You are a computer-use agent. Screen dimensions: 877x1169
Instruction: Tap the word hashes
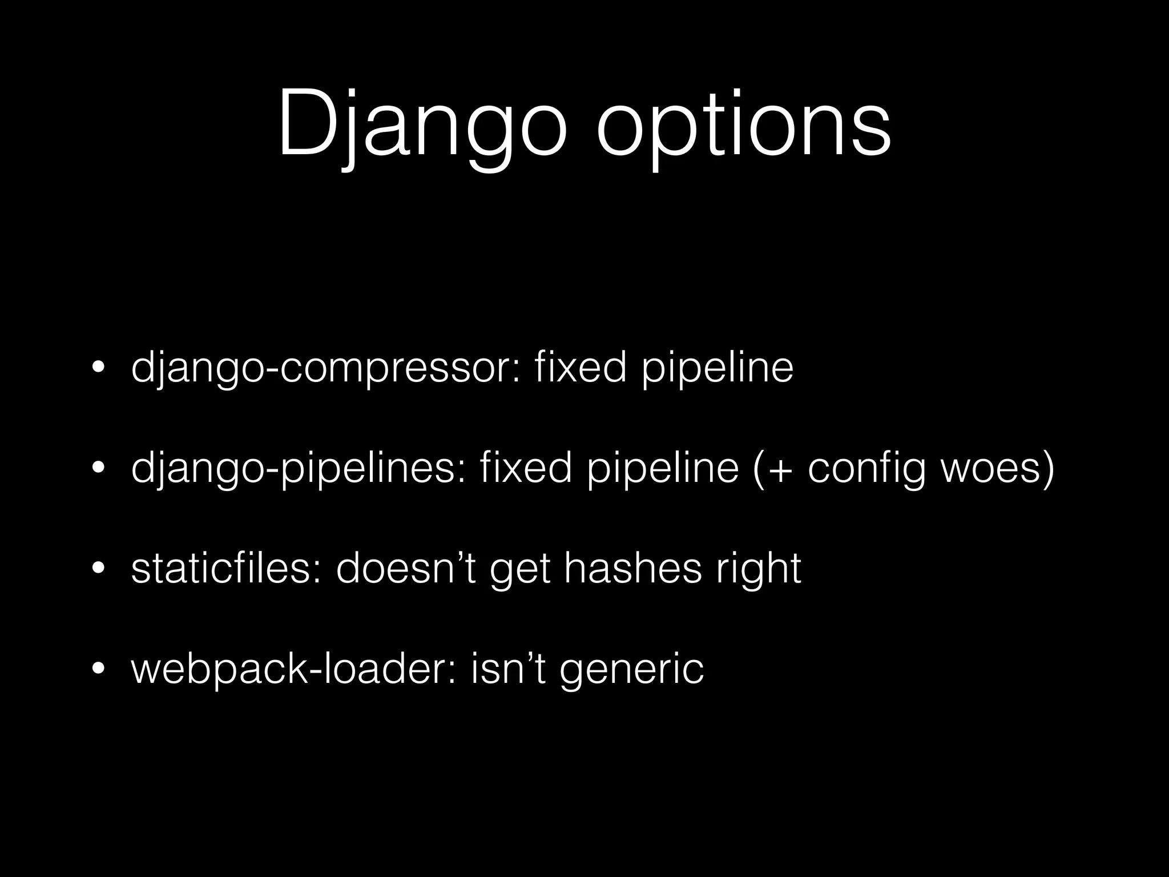click(633, 569)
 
